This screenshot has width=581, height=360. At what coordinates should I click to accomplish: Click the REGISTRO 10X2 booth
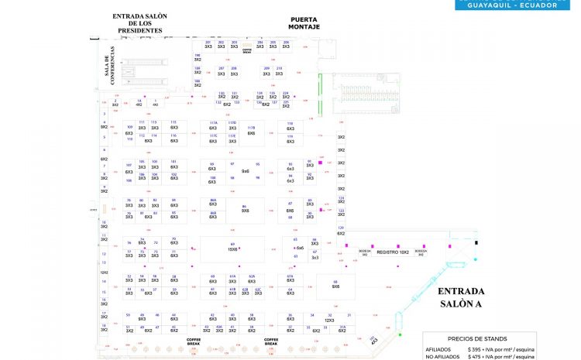(393, 252)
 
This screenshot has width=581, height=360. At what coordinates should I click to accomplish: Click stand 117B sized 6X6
(250, 131)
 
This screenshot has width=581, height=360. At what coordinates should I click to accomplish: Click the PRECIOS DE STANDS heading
(477, 338)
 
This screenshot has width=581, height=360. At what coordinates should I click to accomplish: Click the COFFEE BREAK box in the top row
(247, 50)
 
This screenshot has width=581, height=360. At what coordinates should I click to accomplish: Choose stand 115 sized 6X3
(174, 126)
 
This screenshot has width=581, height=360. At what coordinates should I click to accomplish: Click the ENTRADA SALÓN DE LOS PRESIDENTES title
(137, 22)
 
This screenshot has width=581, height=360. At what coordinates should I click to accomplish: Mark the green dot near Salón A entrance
(400, 334)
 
